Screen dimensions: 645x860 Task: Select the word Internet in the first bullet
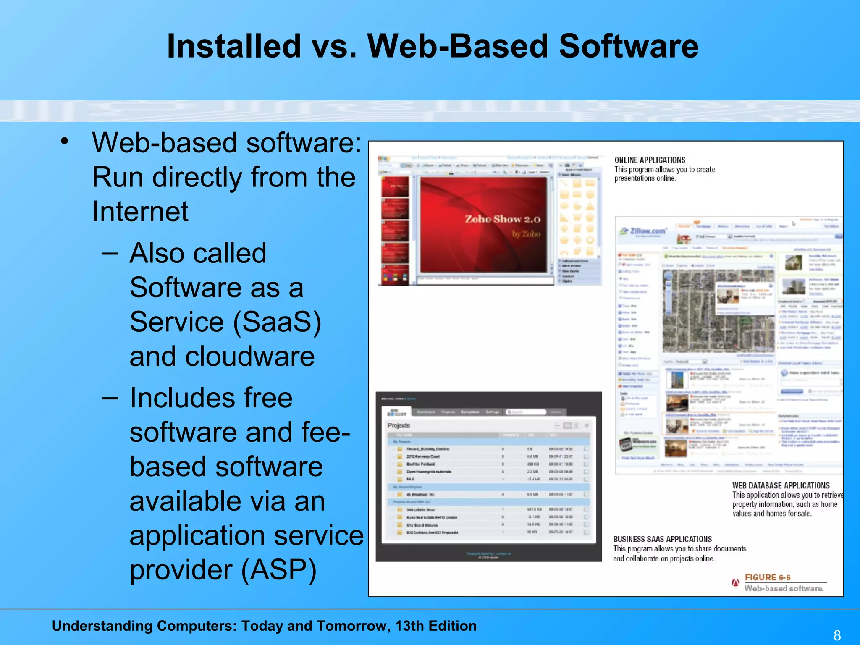tap(140, 211)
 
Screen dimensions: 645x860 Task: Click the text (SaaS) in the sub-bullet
tap(277, 322)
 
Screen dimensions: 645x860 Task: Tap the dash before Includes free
tap(110, 398)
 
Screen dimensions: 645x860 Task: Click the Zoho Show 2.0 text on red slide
tap(502, 219)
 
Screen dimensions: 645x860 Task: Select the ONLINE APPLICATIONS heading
tap(650, 160)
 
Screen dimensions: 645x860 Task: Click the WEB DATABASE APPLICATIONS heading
tap(781, 485)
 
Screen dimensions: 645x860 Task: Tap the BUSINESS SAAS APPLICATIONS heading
tap(662, 539)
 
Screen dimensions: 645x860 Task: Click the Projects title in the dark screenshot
tap(399, 426)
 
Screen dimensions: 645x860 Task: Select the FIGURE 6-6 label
tap(767, 577)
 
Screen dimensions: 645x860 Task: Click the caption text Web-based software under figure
tap(784, 589)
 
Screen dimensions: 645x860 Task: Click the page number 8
tap(837, 635)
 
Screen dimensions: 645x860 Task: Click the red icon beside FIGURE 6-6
tap(735, 582)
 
